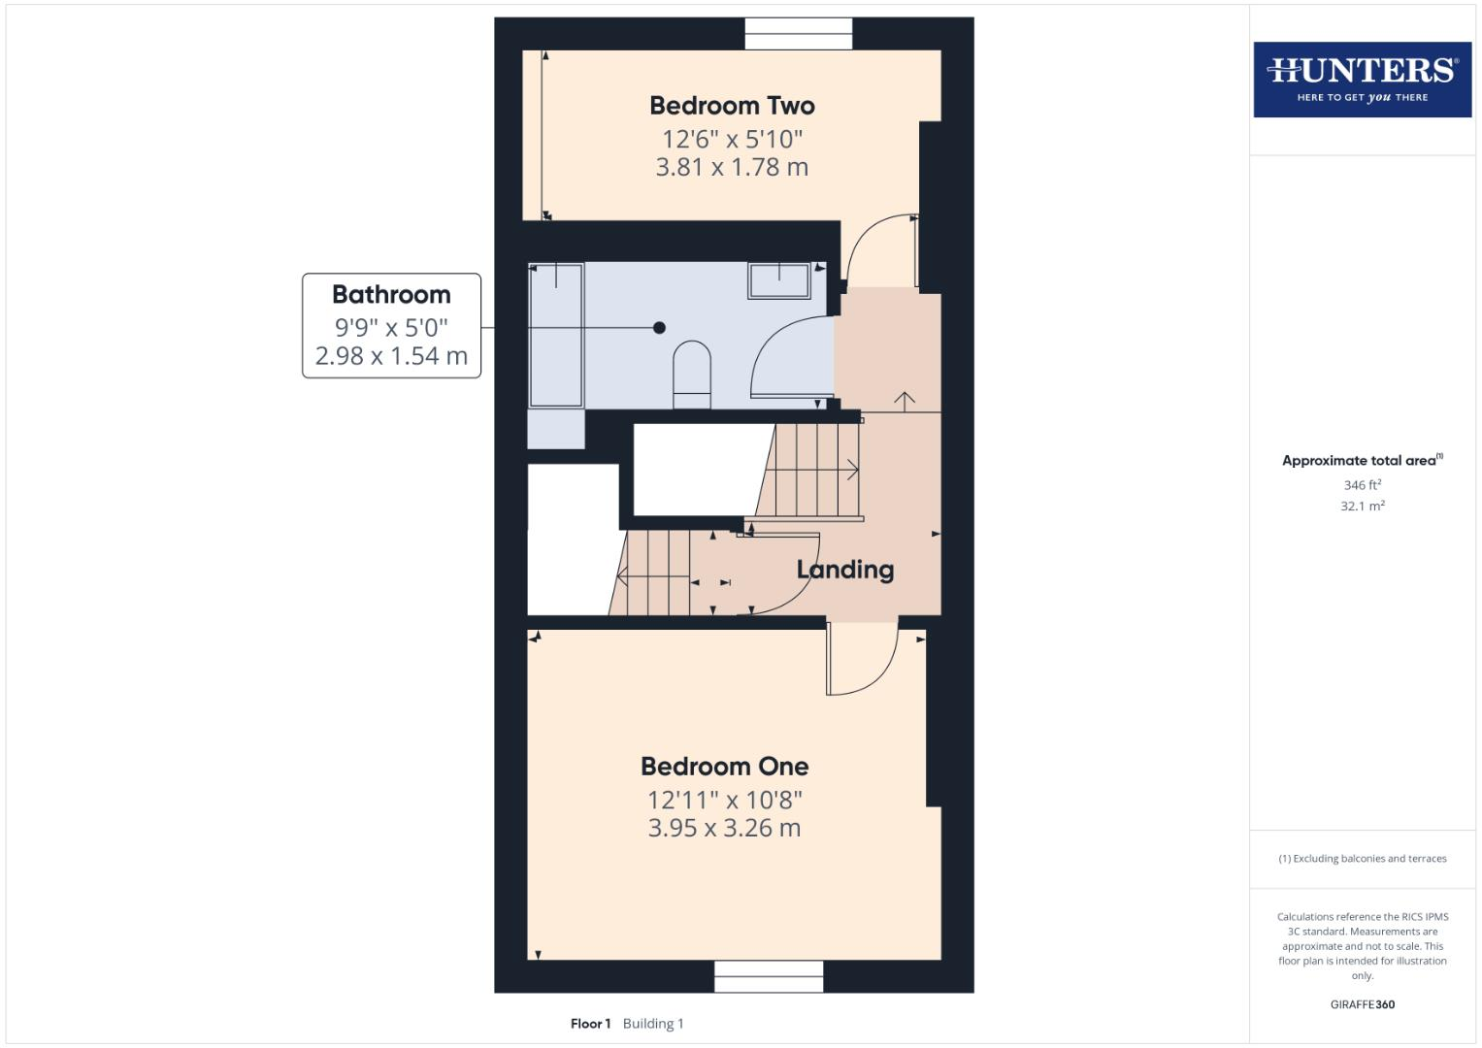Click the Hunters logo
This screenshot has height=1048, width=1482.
click(x=1362, y=79)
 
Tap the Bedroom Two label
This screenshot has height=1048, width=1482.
click(x=732, y=106)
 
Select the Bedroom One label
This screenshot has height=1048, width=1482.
click(x=724, y=767)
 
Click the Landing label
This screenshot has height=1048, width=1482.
click(x=844, y=570)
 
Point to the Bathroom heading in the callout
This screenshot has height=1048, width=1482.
click(x=391, y=295)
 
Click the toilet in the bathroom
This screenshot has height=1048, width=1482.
click(x=692, y=375)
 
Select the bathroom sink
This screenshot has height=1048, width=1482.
click(x=778, y=280)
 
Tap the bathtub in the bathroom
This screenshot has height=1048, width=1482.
click(x=555, y=335)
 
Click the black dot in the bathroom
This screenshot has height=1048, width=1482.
click(x=659, y=328)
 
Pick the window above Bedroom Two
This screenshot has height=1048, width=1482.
click(x=799, y=34)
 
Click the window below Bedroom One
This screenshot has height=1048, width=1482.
click(x=769, y=976)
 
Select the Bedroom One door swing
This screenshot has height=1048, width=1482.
click(x=861, y=659)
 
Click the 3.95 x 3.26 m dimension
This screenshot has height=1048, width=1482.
click(x=724, y=829)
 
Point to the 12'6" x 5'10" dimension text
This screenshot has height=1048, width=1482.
click(x=732, y=139)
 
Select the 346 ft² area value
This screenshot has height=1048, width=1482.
click(x=1362, y=485)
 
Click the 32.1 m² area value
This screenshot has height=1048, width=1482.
click(x=1362, y=507)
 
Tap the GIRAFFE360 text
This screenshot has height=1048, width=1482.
click(x=1362, y=1004)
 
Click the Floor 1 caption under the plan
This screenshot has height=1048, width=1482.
click(x=590, y=1024)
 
